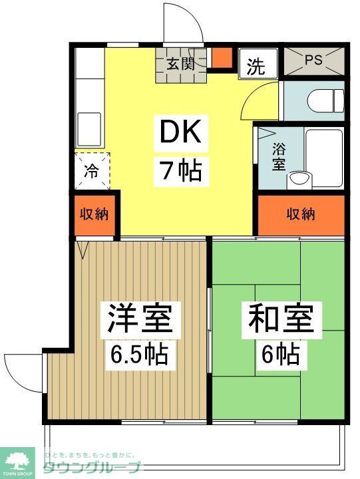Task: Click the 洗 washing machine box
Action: [x=256, y=66]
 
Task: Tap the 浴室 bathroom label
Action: [x=279, y=157]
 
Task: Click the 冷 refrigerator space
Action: [x=91, y=172]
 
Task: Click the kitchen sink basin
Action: [x=89, y=125]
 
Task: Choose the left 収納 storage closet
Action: [x=94, y=215]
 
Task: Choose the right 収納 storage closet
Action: [x=301, y=215]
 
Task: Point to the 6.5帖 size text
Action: [x=140, y=354]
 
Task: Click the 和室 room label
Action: [x=280, y=319]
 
